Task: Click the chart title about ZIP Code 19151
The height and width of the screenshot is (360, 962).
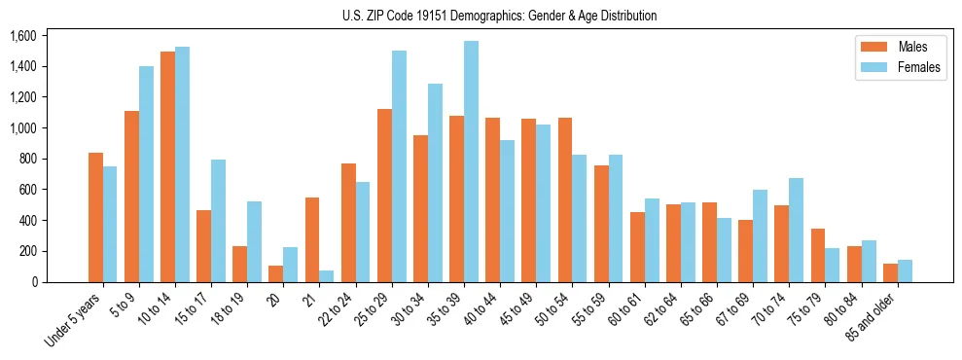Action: (x=499, y=16)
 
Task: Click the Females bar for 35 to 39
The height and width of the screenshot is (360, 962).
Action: (x=471, y=162)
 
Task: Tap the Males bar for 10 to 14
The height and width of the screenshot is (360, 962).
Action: (x=167, y=166)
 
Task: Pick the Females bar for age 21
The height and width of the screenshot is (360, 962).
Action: (x=327, y=275)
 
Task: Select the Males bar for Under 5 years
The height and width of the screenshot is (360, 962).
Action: (x=95, y=217)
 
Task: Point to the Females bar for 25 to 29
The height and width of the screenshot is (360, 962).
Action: (x=399, y=166)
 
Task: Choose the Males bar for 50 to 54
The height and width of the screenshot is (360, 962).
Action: (x=565, y=199)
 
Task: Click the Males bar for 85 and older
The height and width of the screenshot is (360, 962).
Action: (x=890, y=272)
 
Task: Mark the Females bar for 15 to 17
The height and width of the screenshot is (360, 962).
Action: (x=219, y=221)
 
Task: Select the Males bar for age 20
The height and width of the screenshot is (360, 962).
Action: (x=276, y=273)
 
